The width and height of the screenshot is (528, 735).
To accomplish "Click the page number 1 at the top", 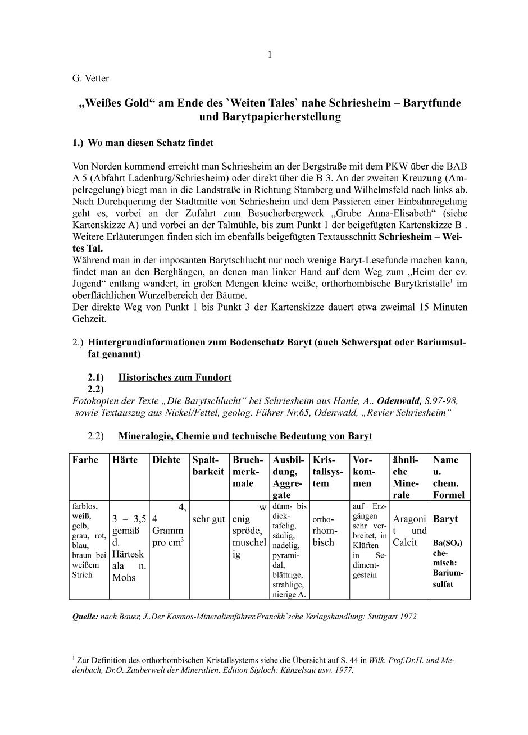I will pos(270,54).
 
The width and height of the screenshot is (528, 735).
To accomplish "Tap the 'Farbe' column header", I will pos(85,460).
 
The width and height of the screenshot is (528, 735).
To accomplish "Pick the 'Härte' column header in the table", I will pos(125,460).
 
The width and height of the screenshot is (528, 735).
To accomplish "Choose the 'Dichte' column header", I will pos(167,460).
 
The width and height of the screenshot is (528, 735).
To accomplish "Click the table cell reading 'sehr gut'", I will pos(208,519).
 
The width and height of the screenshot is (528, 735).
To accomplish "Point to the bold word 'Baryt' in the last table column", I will pos(445,519).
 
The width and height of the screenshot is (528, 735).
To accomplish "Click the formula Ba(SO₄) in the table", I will pos(448,543).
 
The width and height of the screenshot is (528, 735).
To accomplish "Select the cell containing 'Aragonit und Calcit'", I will pos(410,531).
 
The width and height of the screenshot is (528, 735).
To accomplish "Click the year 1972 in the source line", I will pos(407,616).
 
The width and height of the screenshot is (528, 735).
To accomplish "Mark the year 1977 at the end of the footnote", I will pos(343,670).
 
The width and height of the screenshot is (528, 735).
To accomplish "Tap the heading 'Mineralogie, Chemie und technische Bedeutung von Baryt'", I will pos(245,436).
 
